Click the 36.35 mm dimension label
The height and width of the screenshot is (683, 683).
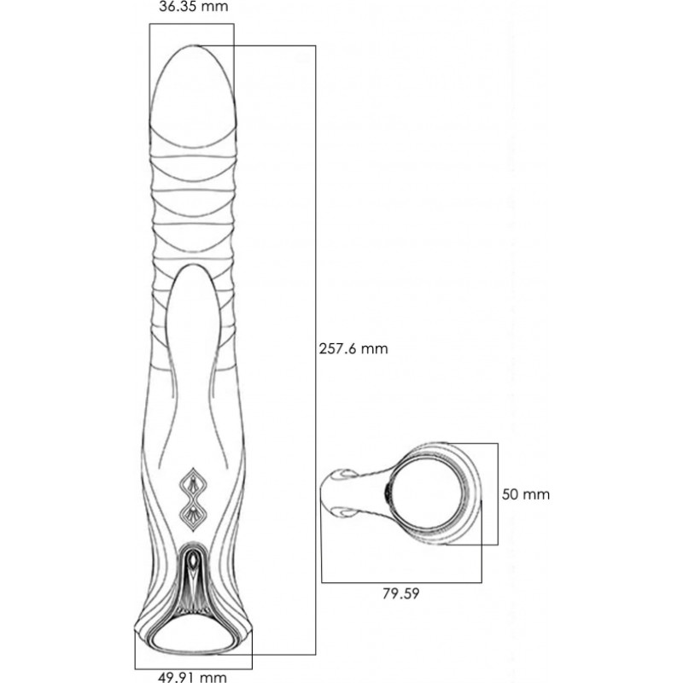coord(194,7)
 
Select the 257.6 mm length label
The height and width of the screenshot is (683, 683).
coord(353,348)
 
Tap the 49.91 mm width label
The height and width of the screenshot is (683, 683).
coord(192,677)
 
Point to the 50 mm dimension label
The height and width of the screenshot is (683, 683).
coord(526,494)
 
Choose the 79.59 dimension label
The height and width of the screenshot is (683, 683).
coord(400,593)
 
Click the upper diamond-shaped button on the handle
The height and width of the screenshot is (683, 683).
coord(194,484)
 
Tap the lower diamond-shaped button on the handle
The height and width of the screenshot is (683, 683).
coord(194,516)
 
